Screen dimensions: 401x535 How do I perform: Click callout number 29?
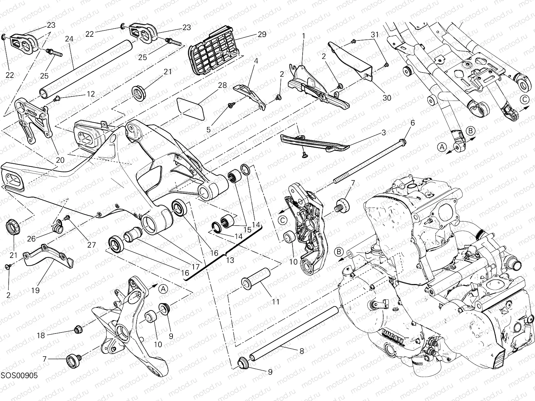coord(262,34)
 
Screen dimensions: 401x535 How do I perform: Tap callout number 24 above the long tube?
coord(69,39)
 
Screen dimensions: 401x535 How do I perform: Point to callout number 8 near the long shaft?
coord(302,351)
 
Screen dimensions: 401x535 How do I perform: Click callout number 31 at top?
coord(374,34)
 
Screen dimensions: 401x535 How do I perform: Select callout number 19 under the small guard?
coord(35,290)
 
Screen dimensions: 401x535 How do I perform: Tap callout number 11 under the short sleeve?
coord(275,302)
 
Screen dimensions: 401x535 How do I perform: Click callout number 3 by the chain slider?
coord(384,133)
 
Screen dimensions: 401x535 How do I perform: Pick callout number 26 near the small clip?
coord(31,239)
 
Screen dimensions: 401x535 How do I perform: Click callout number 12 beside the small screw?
coord(90,94)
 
